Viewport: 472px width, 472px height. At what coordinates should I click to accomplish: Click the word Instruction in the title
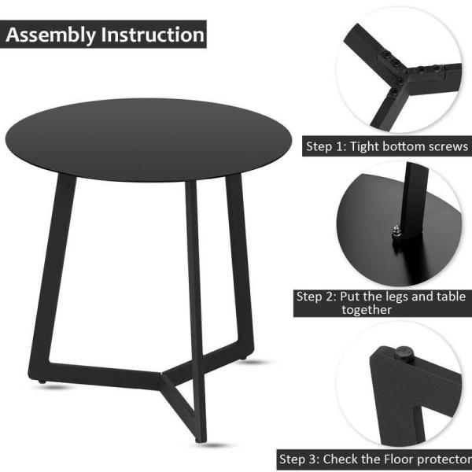click(153, 35)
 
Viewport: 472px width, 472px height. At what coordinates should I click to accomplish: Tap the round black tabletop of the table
click(149, 139)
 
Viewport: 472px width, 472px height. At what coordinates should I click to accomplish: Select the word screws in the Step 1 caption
click(448, 146)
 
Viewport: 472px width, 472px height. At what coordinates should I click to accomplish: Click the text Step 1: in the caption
click(326, 146)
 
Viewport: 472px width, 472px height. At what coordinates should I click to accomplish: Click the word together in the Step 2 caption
click(367, 310)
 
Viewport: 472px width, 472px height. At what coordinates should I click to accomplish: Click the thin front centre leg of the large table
click(196, 310)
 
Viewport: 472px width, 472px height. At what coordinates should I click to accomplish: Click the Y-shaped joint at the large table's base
click(163, 376)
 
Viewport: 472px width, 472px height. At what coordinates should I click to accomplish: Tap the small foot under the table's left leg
click(42, 382)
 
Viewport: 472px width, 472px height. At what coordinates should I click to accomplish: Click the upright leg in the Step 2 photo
click(414, 200)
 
